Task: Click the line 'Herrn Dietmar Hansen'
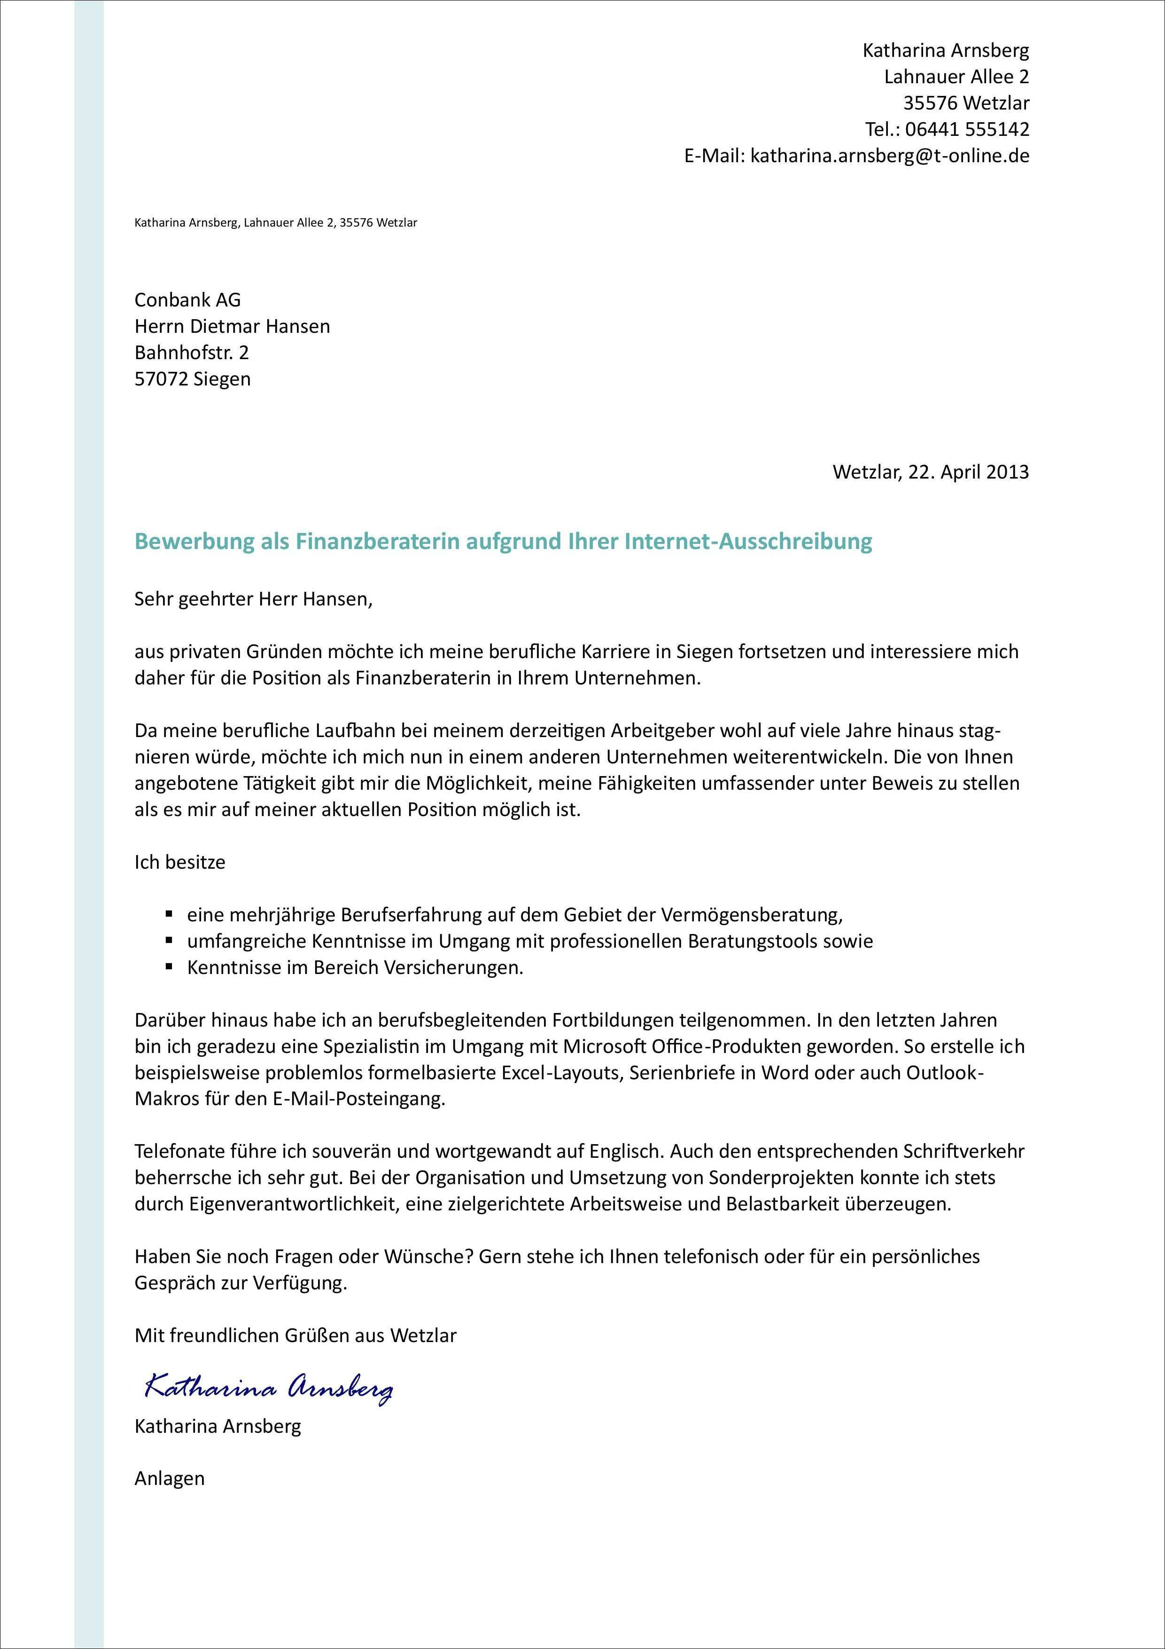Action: click(x=232, y=326)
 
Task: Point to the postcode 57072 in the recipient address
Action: click(x=162, y=379)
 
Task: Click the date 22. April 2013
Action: click(x=968, y=472)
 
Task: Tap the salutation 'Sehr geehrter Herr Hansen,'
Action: click(x=253, y=599)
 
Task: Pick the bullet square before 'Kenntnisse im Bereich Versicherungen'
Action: click(x=170, y=967)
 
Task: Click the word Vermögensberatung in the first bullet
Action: click(x=750, y=915)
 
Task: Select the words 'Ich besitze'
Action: click(x=179, y=862)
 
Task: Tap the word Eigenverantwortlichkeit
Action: click(x=293, y=1204)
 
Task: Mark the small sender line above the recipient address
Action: click(x=276, y=223)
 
